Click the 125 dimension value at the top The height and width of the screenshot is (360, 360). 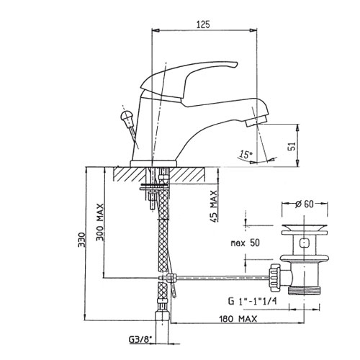pyautogui.click(x=203, y=24)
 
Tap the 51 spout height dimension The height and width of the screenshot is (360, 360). pyautogui.click(x=292, y=146)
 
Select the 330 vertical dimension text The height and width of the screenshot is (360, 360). pyautogui.click(x=82, y=240)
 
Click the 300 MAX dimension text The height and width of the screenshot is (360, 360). pyautogui.click(x=100, y=222)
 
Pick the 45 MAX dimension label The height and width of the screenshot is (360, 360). pyautogui.click(x=214, y=207)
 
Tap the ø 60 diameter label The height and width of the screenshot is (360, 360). pyautogui.click(x=305, y=204)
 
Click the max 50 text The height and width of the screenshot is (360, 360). pyautogui.click(x=245, y=243)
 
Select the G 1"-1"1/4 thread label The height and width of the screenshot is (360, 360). pyautogui.click(x=252, y=301)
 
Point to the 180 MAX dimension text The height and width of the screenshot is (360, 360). pyautogui.click(x=238, y=319)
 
